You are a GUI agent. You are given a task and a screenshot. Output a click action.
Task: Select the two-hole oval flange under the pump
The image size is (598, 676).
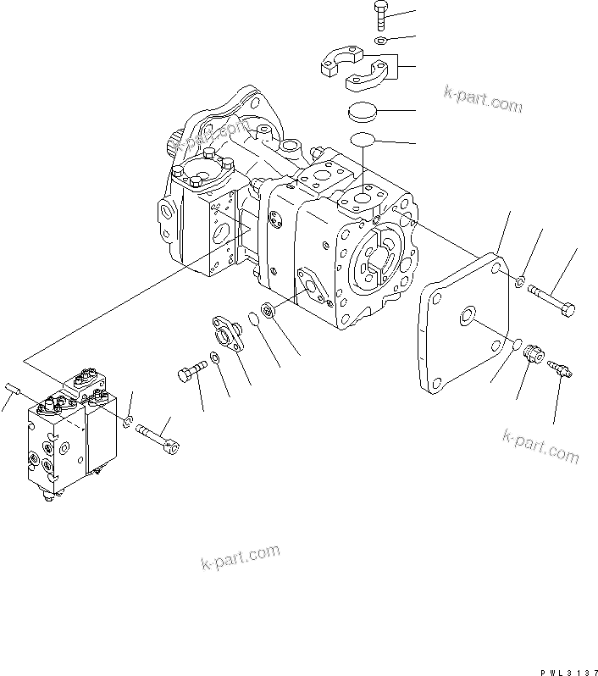[227, 331]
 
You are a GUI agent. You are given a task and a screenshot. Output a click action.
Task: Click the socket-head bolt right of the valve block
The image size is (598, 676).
[158, 435]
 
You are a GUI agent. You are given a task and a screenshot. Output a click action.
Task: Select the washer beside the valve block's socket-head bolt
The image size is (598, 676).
[126, 420]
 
